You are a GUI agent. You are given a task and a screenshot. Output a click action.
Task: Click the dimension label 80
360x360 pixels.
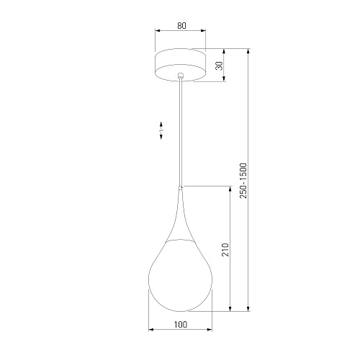click(181, 26)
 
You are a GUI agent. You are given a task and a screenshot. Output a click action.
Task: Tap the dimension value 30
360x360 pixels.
click(219, 66)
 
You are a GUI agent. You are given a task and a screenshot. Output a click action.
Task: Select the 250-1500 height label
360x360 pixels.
click(243, 181)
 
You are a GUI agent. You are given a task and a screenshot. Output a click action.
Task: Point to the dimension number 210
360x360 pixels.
click(225, 250)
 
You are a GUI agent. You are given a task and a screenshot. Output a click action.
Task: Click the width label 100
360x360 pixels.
click(181, 325)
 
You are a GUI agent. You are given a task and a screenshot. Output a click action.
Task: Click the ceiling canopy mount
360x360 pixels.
click(180, 65)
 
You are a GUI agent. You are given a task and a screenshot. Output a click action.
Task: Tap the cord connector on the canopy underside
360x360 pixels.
click(181, 76)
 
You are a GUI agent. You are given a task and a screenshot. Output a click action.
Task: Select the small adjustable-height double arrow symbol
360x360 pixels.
click(161, 130)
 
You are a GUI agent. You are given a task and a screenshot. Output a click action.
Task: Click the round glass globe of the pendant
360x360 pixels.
click(180, 276)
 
